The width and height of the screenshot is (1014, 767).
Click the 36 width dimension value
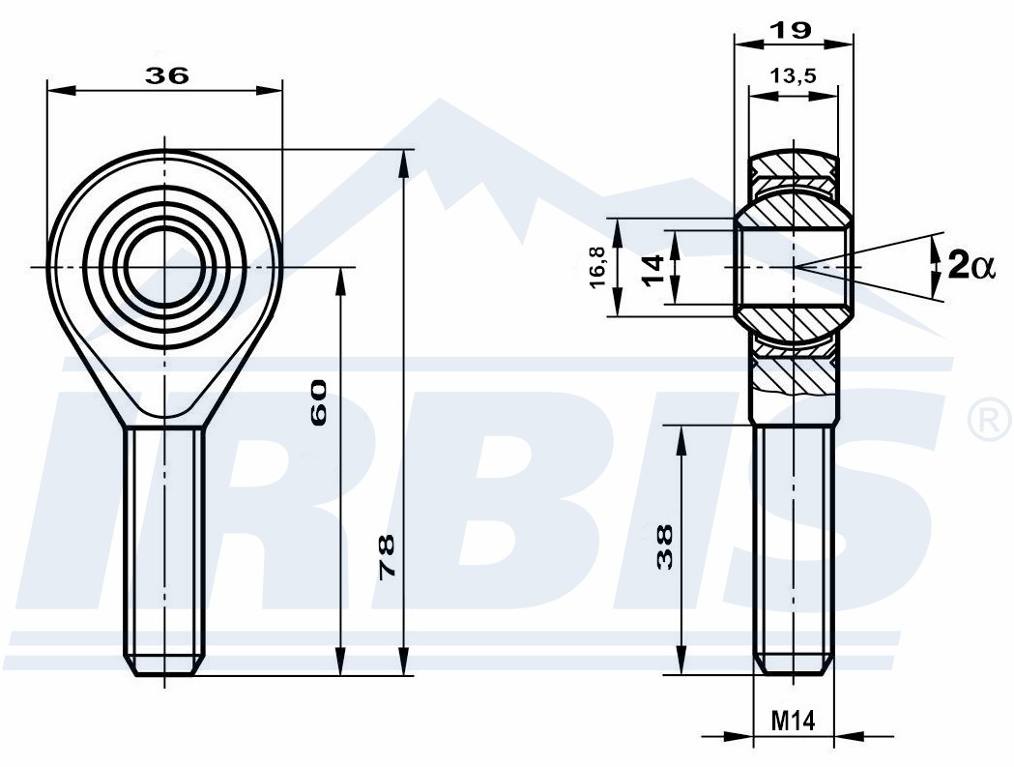pyautogui.click(x=167, y=75)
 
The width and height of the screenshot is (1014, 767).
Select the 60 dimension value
pyautogui.click(x=319, y=402)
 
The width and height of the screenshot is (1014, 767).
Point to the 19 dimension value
pyautogui.click(x=792, y=30)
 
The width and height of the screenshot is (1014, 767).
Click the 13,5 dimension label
pyautogui.click(x=793, y=75)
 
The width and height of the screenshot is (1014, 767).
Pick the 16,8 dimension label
pyautogui.click(x=597, y=267)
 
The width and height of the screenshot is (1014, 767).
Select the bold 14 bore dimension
pyautogui.click(x=653, y=270)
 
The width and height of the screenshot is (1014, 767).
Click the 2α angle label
pyautogui.click(x=971, y=265)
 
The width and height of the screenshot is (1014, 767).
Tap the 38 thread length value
pyautogui.click(x=664, y=546)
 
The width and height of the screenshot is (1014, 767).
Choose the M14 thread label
pyautogui.click(x=794, y=721)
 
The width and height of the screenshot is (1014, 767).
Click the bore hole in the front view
pyautogui.click(x=164, y=267)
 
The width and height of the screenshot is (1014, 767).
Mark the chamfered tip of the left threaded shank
pyautogui.click(x=164, y=665)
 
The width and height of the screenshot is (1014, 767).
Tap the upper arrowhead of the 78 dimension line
pyautogui.click(x=404, y=163)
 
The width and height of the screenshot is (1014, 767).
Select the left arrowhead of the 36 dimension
pyautogui.click(x=62, y=90)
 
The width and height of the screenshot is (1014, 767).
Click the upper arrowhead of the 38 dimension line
pyautogui.click(x=681, y=439)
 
